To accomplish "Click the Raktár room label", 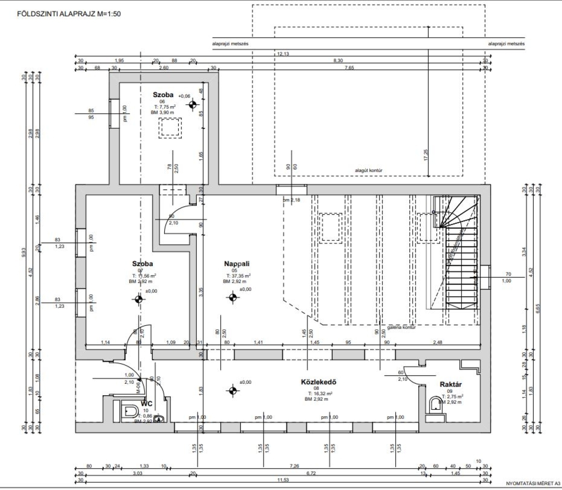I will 450,384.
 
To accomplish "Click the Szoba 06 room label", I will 163,94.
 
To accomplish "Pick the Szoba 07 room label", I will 142,264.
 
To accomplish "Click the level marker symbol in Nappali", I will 233,298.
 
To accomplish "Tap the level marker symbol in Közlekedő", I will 233,390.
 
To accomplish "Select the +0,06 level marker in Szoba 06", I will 192,105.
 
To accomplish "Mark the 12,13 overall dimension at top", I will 283,54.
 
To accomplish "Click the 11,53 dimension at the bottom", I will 283,481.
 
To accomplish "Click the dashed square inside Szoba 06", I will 170,128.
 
